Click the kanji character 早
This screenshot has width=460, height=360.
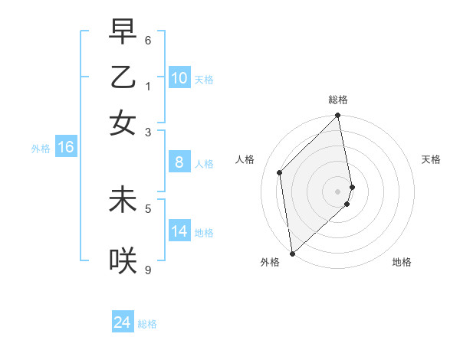pyautogui.click(x=123, y=31)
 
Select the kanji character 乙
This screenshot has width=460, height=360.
pyautogui.click(x=123, y=77)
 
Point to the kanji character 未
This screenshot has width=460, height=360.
pyautogui.click(x=123, y=200)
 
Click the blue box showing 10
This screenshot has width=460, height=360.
pyautogui.click(x=179, y=78)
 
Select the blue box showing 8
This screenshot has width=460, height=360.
pyautogui.click(x=179, y=162)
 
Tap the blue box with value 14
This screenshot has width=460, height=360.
pyautogui.click(x=179, y=231)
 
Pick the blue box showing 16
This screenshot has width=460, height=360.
pyautogui.click(x=66, y=147)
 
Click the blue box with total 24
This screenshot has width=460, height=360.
pyautogui.click(x=123, y=323)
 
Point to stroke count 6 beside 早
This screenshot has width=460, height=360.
pyautogui.click(x=148, y=39)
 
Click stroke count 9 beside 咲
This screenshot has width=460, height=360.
pyautogui.click(x=148, y=269)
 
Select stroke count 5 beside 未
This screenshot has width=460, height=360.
pyautogui.click(x=148, y=207)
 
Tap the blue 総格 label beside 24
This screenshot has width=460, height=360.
pyautogui.click(x=147, y=324)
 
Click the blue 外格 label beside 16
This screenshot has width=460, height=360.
pyautogui.click(x=41, y=149)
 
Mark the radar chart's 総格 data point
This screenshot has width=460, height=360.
pyautogui.click(x=338, y=116)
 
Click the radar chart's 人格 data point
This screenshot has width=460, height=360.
pyautogui.click(x=280, y=172)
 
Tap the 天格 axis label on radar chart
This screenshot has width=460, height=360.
pyautogui.click(x=431, y=159)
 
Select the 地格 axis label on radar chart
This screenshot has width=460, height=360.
pyautogui.click(x=402, y=262)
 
